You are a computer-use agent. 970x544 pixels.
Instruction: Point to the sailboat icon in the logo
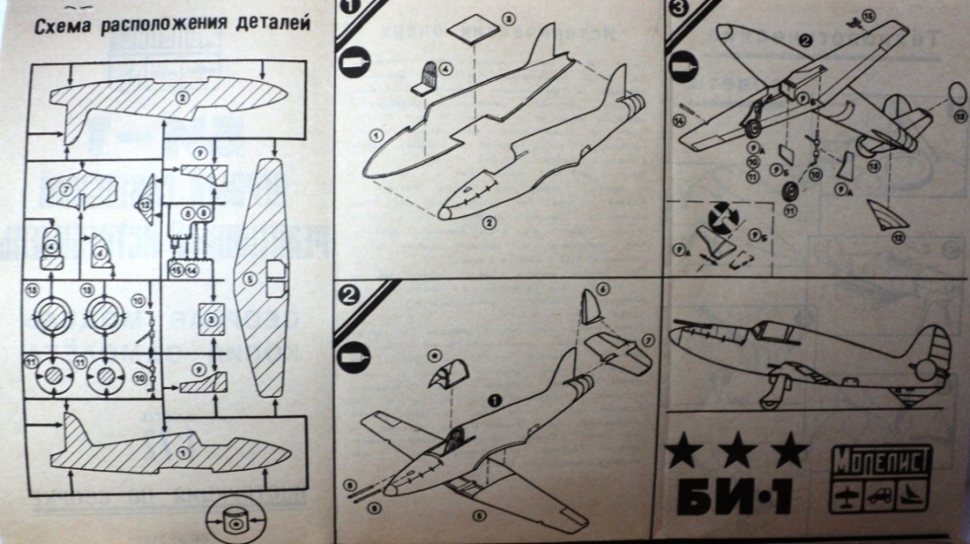click(x=912, y=495)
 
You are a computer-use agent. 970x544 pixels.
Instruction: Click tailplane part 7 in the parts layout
click(x=80, y=190)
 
